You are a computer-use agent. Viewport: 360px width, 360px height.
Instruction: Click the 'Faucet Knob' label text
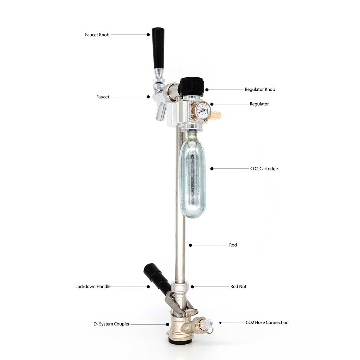(x=97, y=35)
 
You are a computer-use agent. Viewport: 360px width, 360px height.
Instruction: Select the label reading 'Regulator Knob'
(x=260, y=90)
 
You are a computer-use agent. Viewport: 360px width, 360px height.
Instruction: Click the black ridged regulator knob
(x=192, y=87)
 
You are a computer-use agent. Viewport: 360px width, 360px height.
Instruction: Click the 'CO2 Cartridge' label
(x=264, y=169)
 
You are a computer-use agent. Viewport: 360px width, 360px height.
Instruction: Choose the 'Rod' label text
(x=233, y=245)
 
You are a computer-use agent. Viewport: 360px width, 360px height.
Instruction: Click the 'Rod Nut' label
(x=238, y=287)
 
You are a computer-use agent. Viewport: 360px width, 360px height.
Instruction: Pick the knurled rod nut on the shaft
(x=180, y=287)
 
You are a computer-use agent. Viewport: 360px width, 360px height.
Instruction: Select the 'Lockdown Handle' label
(x=93, y=287)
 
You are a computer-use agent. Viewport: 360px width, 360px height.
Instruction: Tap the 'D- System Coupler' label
(x=111, y=324)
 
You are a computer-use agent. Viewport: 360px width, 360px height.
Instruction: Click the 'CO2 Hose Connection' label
(x=267, y=323)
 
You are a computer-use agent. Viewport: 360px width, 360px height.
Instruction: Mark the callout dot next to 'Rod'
(x=190, y=245)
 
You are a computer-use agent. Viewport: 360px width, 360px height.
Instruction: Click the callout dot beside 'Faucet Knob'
(x=148, y=35)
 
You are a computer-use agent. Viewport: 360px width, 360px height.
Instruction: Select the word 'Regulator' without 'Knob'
(x=259, y=104)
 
